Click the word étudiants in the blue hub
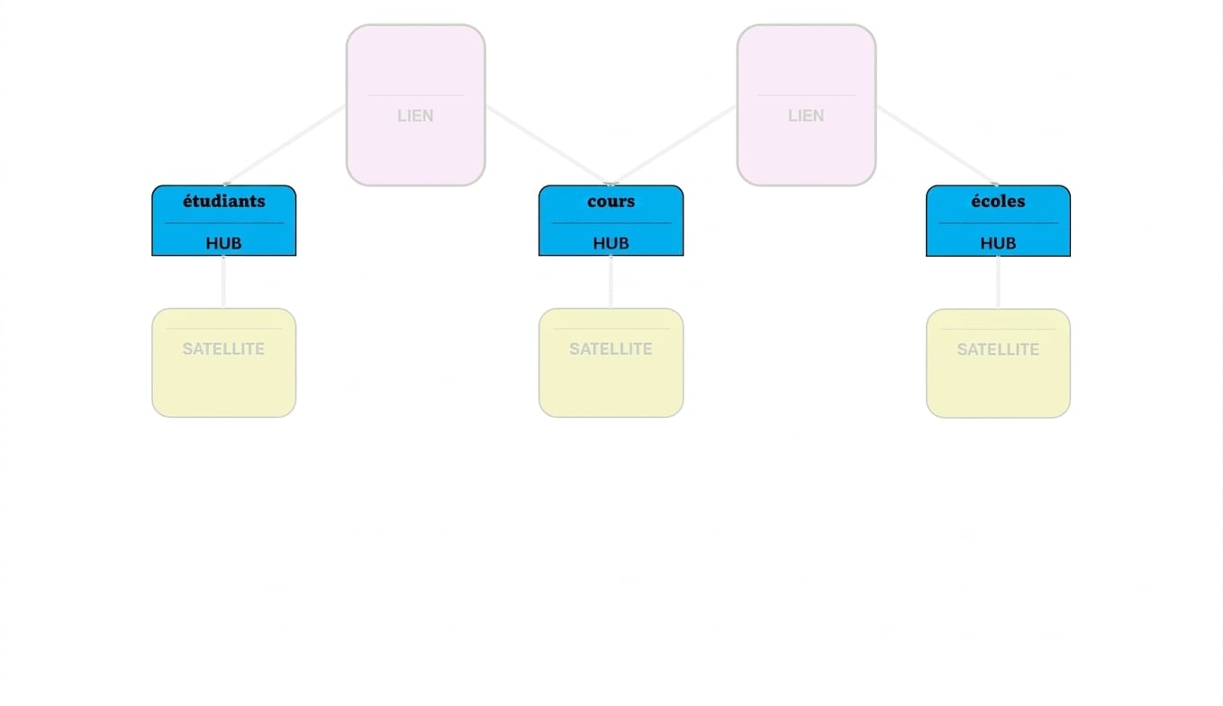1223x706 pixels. click(x=224, y=201)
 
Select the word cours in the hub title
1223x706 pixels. click(x=611, y=202)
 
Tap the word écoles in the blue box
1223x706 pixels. click(x=998, y=201)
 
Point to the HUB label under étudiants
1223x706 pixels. click(x=224, y=243)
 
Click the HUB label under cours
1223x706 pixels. click(x=611, y=243)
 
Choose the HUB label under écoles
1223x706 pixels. click(x=998, y=243)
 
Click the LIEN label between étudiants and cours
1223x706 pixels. click(x=415, y=116)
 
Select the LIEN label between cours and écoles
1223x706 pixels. click(x=806, y=116)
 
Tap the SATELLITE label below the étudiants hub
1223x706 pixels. click(x=224, y=348)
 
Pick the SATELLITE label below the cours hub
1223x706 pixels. click(x=611, y=348)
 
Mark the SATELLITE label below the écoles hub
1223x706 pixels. click(x=998, y=349)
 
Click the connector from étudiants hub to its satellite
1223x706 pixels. click(x=223, y=282)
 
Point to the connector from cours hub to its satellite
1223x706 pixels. click(x=611, y=282)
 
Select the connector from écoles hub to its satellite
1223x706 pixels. click(x=998, y=282)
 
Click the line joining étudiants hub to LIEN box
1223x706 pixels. click(x=285, y=145)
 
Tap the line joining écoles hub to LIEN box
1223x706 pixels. click(x=938, y=145)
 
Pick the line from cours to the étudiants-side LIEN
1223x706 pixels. click(x=548, y=145)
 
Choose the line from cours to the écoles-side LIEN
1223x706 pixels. click(x=674, y=145)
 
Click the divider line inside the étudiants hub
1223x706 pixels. click(x=224, y=222)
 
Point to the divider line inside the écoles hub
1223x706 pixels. click(x=998, y=222)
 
